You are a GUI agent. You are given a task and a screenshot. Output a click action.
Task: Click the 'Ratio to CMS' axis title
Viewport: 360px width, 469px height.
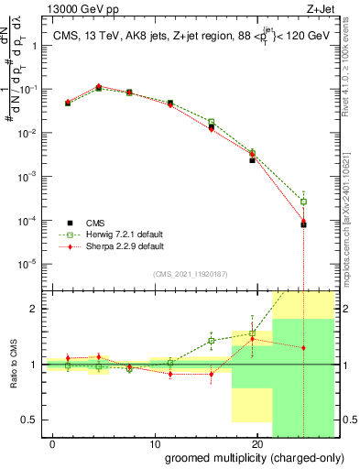[x=14, y=364]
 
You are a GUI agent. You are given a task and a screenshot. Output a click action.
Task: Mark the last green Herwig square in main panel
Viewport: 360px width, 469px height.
[x=303, y=202]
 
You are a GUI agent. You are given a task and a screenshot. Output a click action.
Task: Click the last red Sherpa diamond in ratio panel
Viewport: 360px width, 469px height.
[x=303, y=348]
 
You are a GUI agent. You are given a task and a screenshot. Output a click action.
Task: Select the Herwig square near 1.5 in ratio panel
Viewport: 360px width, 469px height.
[x=252, y=334]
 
